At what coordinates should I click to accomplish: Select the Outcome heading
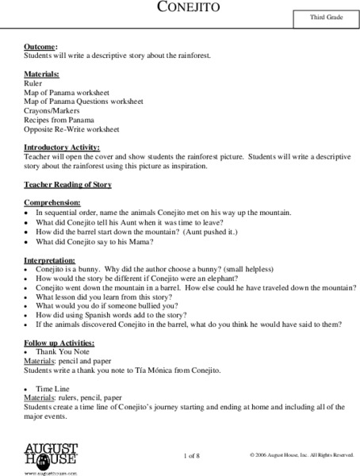click(x=41, y=48)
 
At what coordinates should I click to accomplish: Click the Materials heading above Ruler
click(x=43, y=73)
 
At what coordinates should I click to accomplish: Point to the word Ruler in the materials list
click(x=33, y=83)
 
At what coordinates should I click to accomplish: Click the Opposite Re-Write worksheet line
click(x=71, y=129)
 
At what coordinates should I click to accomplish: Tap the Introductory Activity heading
click(x=62, y=148)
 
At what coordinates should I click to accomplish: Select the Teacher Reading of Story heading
click(x=67, y=185)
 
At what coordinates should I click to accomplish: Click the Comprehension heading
click(x=52, y=203)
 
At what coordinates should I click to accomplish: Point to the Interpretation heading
click(x=51, y=259)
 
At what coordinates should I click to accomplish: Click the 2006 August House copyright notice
click(x=301, y=455)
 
